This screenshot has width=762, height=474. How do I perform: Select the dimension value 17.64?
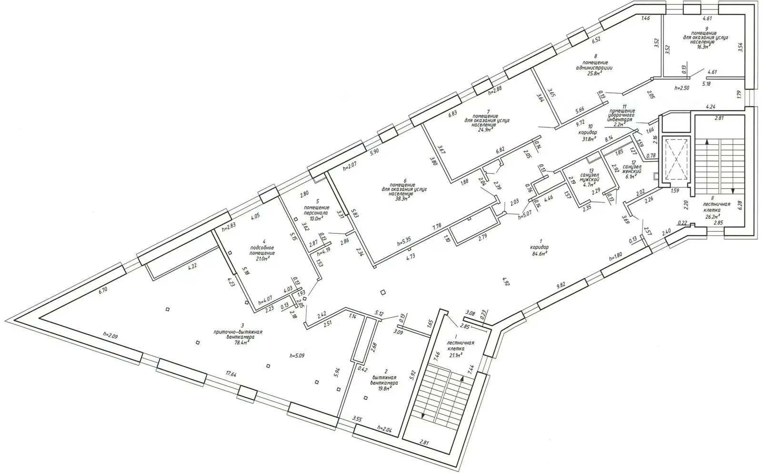pos(231,374)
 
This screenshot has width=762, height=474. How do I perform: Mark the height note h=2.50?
pos(682,88)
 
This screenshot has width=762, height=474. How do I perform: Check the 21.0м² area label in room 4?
pos(260,260)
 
